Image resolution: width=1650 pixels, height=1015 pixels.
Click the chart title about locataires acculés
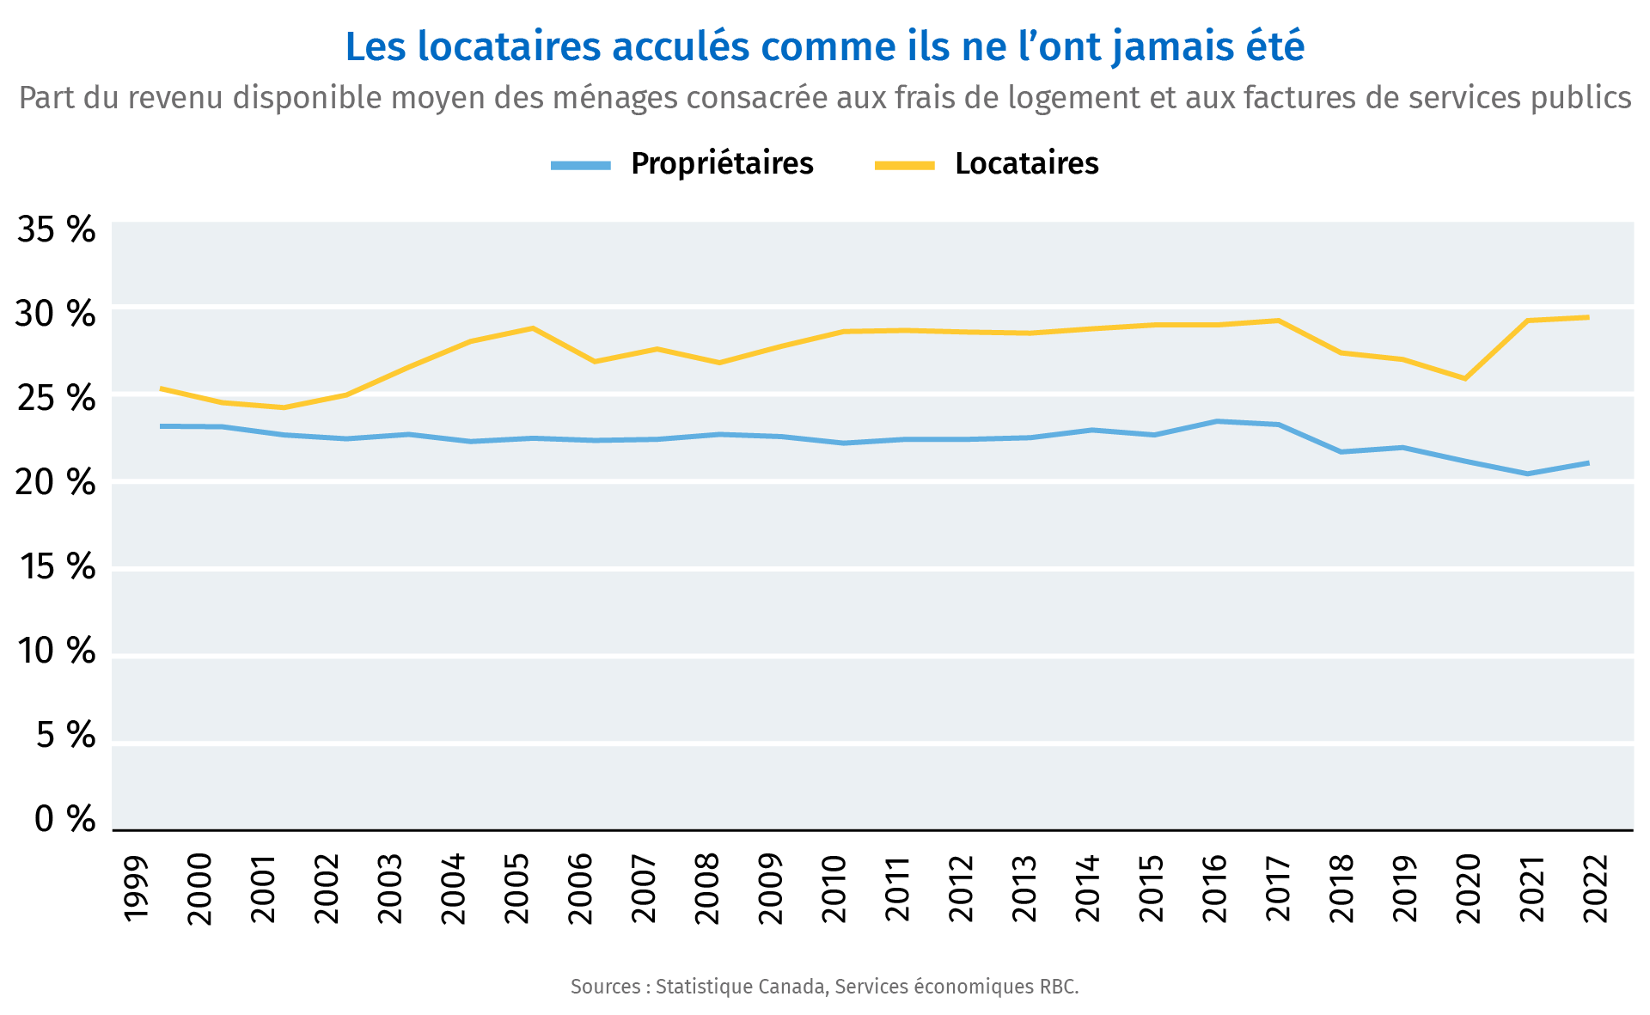point(824,47)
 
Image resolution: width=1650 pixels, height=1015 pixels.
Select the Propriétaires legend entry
point(721,163)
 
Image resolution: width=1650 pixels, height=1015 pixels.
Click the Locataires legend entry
point(1026,163)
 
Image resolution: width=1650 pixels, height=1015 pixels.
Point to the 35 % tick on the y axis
point(56,230)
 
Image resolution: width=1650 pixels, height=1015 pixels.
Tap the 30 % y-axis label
point(56,315)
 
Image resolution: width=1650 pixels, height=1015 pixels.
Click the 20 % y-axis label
point(56,483)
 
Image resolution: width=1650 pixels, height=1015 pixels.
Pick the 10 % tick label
point(56,651)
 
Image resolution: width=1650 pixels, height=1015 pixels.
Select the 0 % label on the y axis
point(64,820)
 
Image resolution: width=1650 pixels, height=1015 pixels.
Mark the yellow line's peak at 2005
point(533,328)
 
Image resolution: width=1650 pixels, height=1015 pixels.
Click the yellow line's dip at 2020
point(1464,378)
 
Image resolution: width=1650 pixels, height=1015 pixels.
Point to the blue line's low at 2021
point(1527,474)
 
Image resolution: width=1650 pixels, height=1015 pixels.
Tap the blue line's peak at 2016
point(1217,421)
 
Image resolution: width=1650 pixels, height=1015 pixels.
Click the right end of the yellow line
point(1587,317)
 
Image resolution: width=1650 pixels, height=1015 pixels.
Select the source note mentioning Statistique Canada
point(824,987)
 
